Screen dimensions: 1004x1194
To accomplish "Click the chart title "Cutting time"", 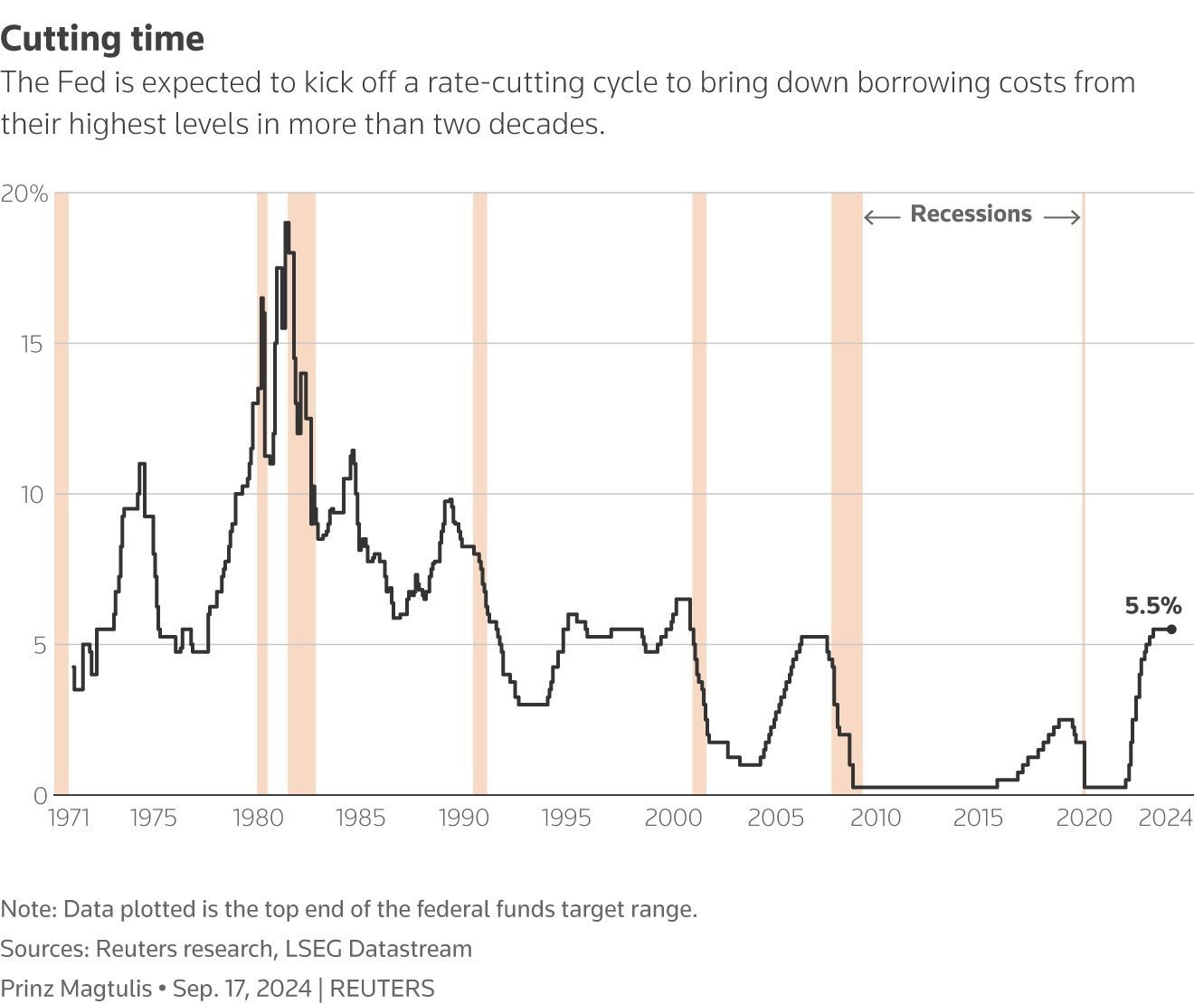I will [x=102, y=39].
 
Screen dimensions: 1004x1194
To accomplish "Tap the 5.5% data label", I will [x=1152, y=606].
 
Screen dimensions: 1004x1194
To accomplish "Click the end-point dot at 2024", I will [x=1171, y=630].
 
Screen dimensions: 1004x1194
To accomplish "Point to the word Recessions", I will [x=971, y=214].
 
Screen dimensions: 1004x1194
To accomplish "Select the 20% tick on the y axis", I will [x=24, y=194].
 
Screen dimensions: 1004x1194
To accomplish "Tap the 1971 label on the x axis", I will [x=69, y=819].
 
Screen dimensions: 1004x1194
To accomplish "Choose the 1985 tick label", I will [x=360, y=819].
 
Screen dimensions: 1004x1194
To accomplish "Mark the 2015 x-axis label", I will [x=979, y=819].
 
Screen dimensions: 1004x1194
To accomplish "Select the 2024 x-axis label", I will [x=1165, y=819].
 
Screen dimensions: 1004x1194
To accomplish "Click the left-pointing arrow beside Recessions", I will [x=881, y=217].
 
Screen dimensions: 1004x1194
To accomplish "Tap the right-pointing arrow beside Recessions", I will [x=1062, y=217].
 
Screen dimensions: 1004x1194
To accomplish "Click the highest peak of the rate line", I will [x=287, y=223].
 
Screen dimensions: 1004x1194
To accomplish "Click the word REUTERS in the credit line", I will [x=382, y=989].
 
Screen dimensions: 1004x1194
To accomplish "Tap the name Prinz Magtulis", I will [x=76, y=989].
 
